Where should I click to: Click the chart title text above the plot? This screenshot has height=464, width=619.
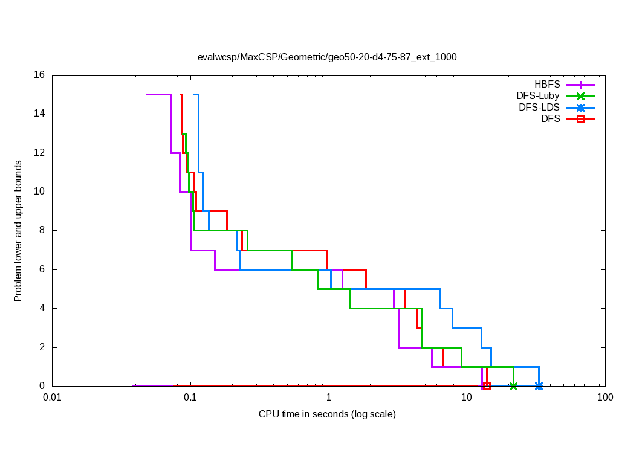327,57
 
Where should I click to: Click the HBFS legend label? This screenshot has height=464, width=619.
546,85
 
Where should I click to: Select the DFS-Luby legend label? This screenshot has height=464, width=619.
538,96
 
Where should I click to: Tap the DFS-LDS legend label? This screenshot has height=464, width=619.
539,108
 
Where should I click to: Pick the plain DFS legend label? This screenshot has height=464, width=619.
551,119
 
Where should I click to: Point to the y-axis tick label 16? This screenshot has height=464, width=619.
39,75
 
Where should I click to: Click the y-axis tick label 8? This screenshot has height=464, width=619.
42,230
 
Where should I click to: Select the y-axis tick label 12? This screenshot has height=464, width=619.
39,153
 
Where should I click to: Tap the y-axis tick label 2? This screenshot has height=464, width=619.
42,347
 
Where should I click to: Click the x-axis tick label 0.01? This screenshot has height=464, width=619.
52,398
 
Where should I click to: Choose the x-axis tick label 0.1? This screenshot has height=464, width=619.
190,398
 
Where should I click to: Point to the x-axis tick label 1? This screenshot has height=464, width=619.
329,398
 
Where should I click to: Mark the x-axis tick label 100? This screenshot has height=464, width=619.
604,398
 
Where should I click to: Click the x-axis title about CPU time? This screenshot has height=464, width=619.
327,414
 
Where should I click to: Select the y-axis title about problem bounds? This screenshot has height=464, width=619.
18,231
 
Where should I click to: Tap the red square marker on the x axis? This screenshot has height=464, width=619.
487,386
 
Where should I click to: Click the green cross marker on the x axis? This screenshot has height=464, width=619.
513,386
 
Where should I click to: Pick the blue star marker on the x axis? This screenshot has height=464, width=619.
539,386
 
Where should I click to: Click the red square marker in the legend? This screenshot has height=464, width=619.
580,120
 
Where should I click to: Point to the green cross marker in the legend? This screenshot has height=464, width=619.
580,96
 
